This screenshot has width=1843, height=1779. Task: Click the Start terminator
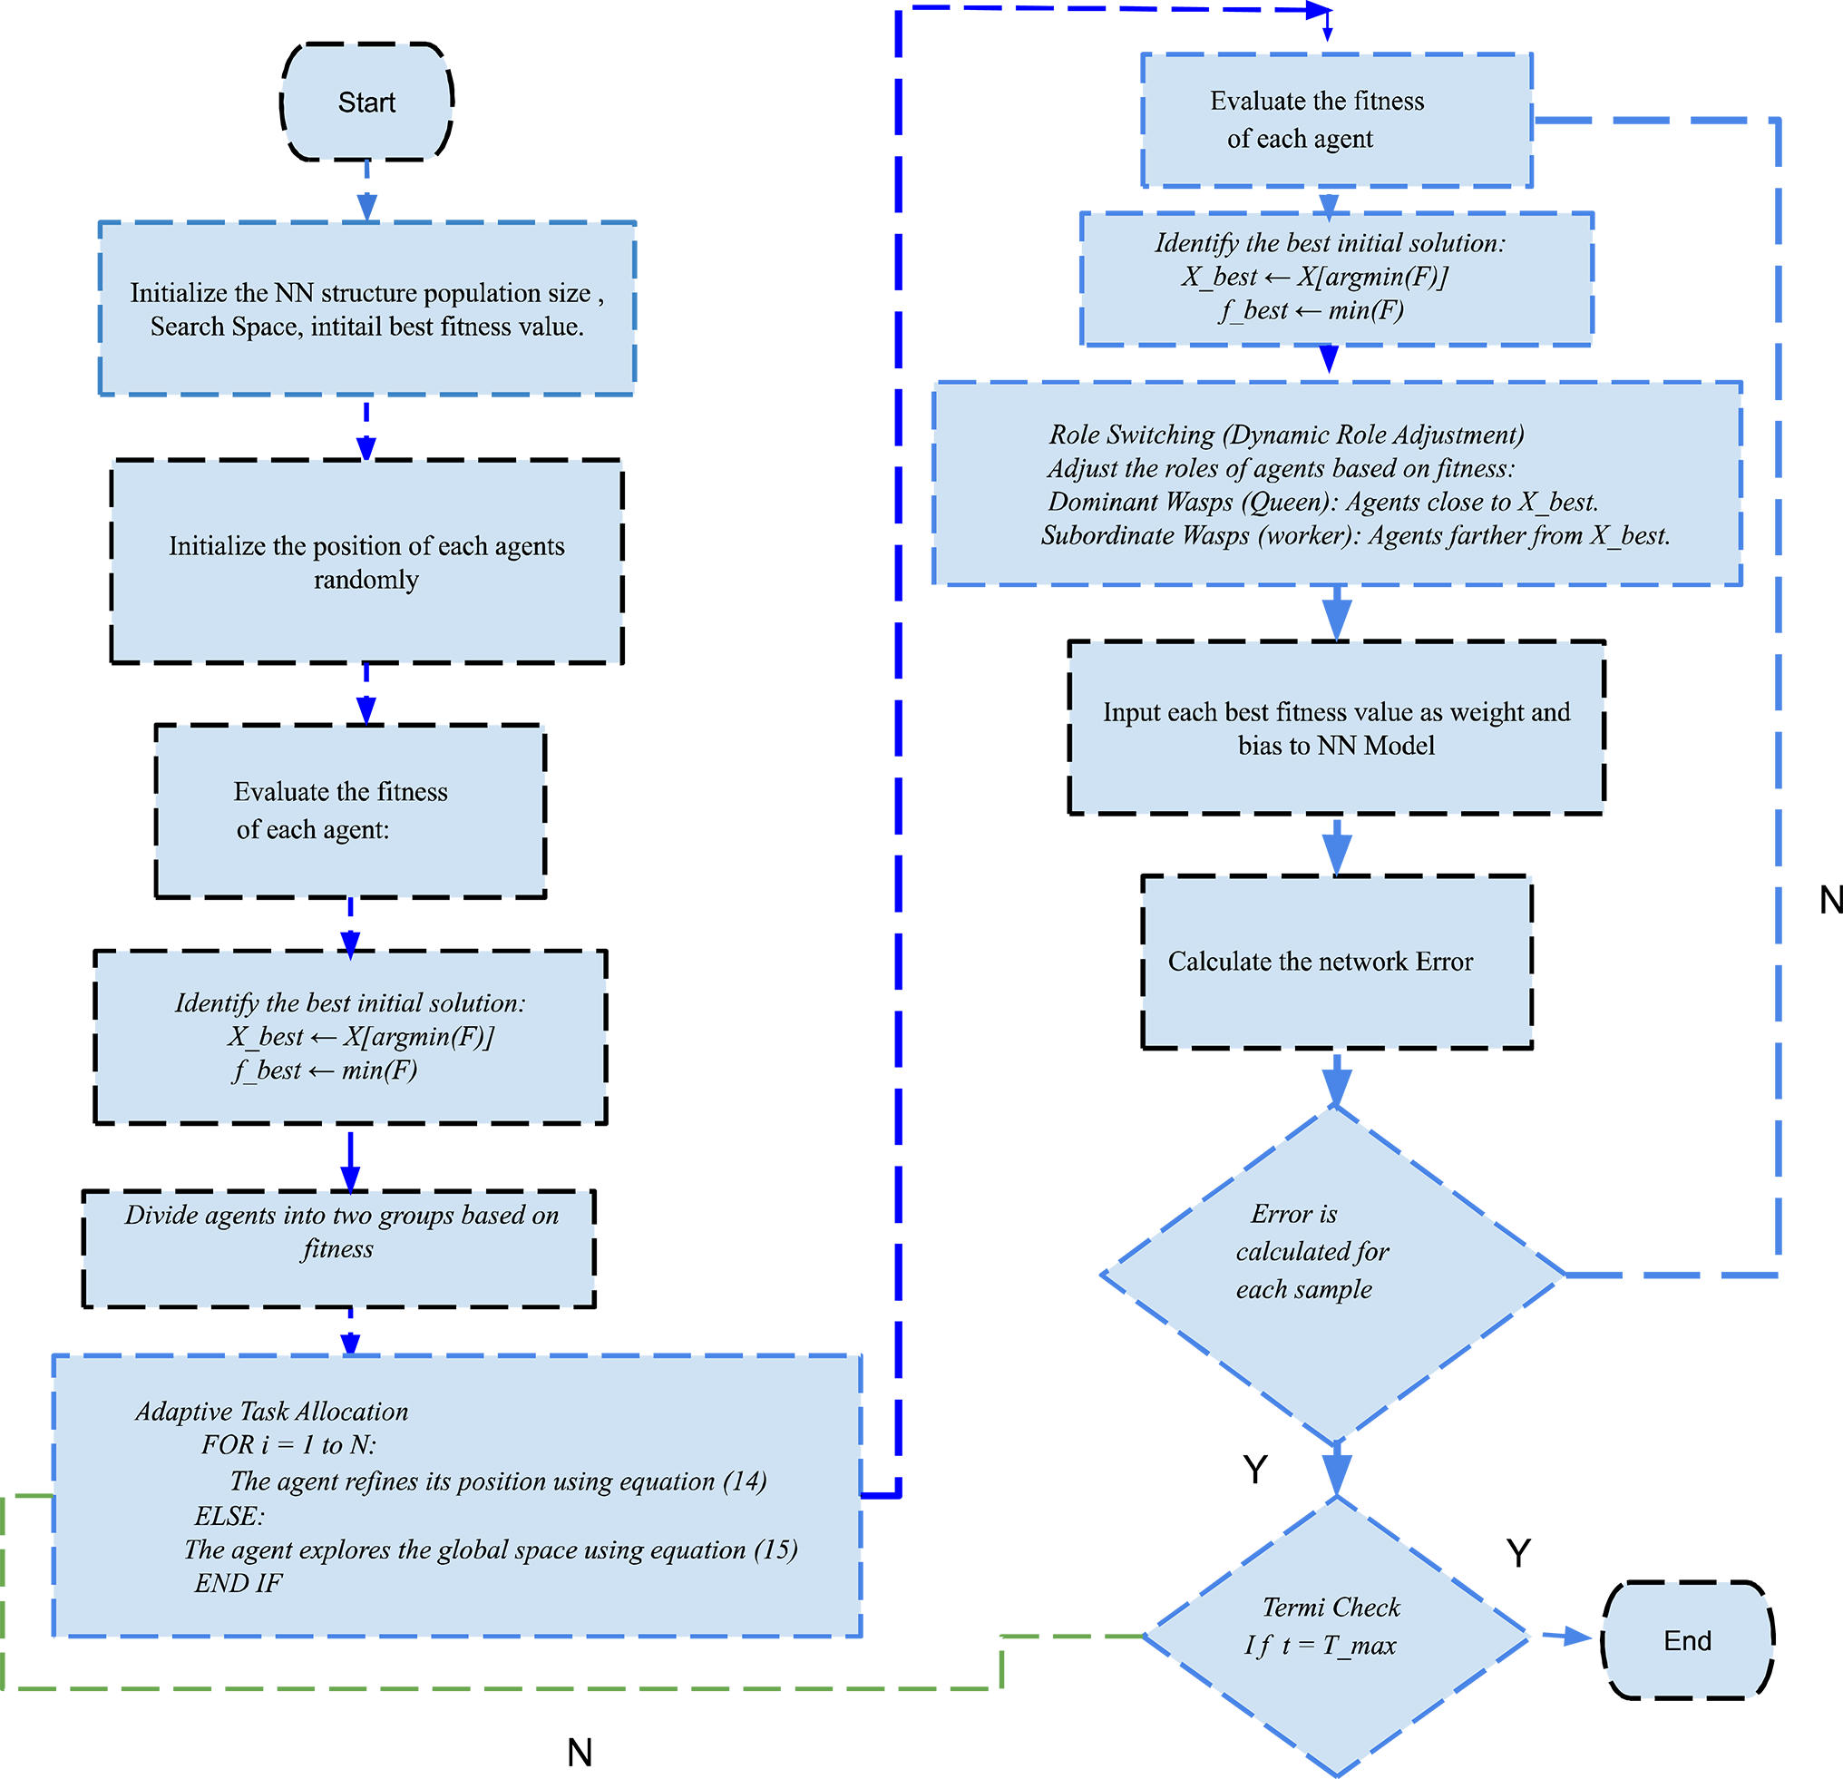coord(366,102)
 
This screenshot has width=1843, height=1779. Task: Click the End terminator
coord(1687,1641)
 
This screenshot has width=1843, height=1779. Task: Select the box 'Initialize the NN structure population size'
coord(366,308)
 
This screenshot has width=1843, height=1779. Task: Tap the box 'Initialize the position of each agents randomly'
coord(366,562)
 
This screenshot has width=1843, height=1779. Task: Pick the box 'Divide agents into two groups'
coord(339,1247)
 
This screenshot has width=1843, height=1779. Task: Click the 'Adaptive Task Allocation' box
coord(457,1495)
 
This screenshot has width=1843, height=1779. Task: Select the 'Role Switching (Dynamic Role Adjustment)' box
coord(1336,484)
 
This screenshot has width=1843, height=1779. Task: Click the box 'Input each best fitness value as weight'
coord(1336,728)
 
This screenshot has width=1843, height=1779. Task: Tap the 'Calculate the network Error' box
coord(1336,961)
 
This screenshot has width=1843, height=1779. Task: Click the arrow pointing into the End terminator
coord(1565,1637)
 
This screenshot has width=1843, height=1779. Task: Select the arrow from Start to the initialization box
coord(366,191)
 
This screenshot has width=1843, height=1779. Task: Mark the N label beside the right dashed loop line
coord(1829,900)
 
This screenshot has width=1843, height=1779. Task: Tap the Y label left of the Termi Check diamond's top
coord(1255,1469)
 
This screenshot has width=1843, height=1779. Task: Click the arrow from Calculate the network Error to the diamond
coord(1336,1080)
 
